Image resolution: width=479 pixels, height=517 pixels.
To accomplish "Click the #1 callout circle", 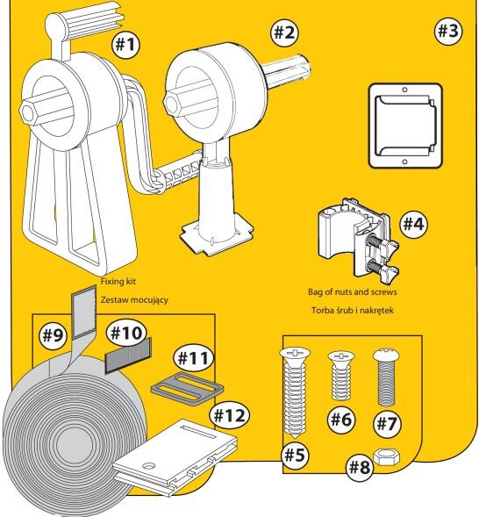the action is [125, 44].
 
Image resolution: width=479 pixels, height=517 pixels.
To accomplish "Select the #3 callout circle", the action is [448, 31].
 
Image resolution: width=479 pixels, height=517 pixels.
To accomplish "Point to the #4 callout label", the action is [414, 224].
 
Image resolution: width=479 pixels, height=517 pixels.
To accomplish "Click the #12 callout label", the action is [230, 415].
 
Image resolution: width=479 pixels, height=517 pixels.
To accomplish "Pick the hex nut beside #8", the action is [387, 457].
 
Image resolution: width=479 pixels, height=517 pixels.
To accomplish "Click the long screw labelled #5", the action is [295, 392].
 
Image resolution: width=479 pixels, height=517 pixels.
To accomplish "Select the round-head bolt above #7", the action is [386, 377].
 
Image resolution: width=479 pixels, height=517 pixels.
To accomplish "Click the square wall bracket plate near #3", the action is [405, 126].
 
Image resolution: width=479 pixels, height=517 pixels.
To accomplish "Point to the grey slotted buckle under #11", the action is [187, 389].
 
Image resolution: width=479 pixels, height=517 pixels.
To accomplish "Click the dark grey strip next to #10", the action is [128, 355].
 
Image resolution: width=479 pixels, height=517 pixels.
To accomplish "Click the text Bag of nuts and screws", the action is [352, 291].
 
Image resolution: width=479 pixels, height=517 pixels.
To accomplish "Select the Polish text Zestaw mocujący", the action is [134, 300].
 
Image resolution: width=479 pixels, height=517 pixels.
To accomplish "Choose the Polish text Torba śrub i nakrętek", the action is [352, 310].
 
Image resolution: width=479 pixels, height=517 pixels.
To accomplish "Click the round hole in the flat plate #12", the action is [149, 466].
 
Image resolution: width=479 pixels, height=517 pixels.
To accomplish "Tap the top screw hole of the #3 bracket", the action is [404, 90].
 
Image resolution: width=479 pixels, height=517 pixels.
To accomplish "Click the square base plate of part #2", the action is [217, 236].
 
